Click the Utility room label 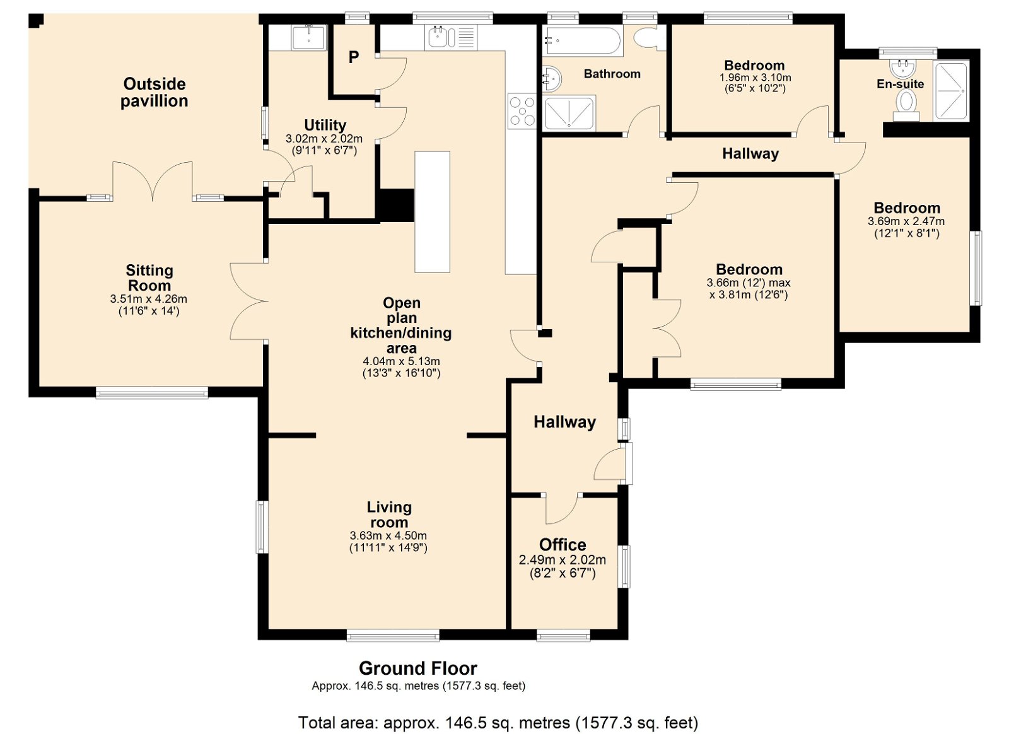[x=325, y=125]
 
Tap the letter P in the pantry [x=354, y=57]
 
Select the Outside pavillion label [x=154, y=92]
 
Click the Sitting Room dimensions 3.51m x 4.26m [x=149, y=298]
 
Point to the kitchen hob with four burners [x=522, y=112]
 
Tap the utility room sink [x=308, y=37]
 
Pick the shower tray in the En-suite [x=950, y=91]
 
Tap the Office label [x=563, y=545]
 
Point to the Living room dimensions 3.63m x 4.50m [x=388, y=536]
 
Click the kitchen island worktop [x=432, y=212]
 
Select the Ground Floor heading [x=418, y=668]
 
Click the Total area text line [x=498, y=723]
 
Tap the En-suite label [x=900, y=84]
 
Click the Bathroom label [x=612, y=74]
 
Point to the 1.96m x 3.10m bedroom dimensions [x=755, y=78]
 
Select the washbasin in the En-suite [x=902, y=69]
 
